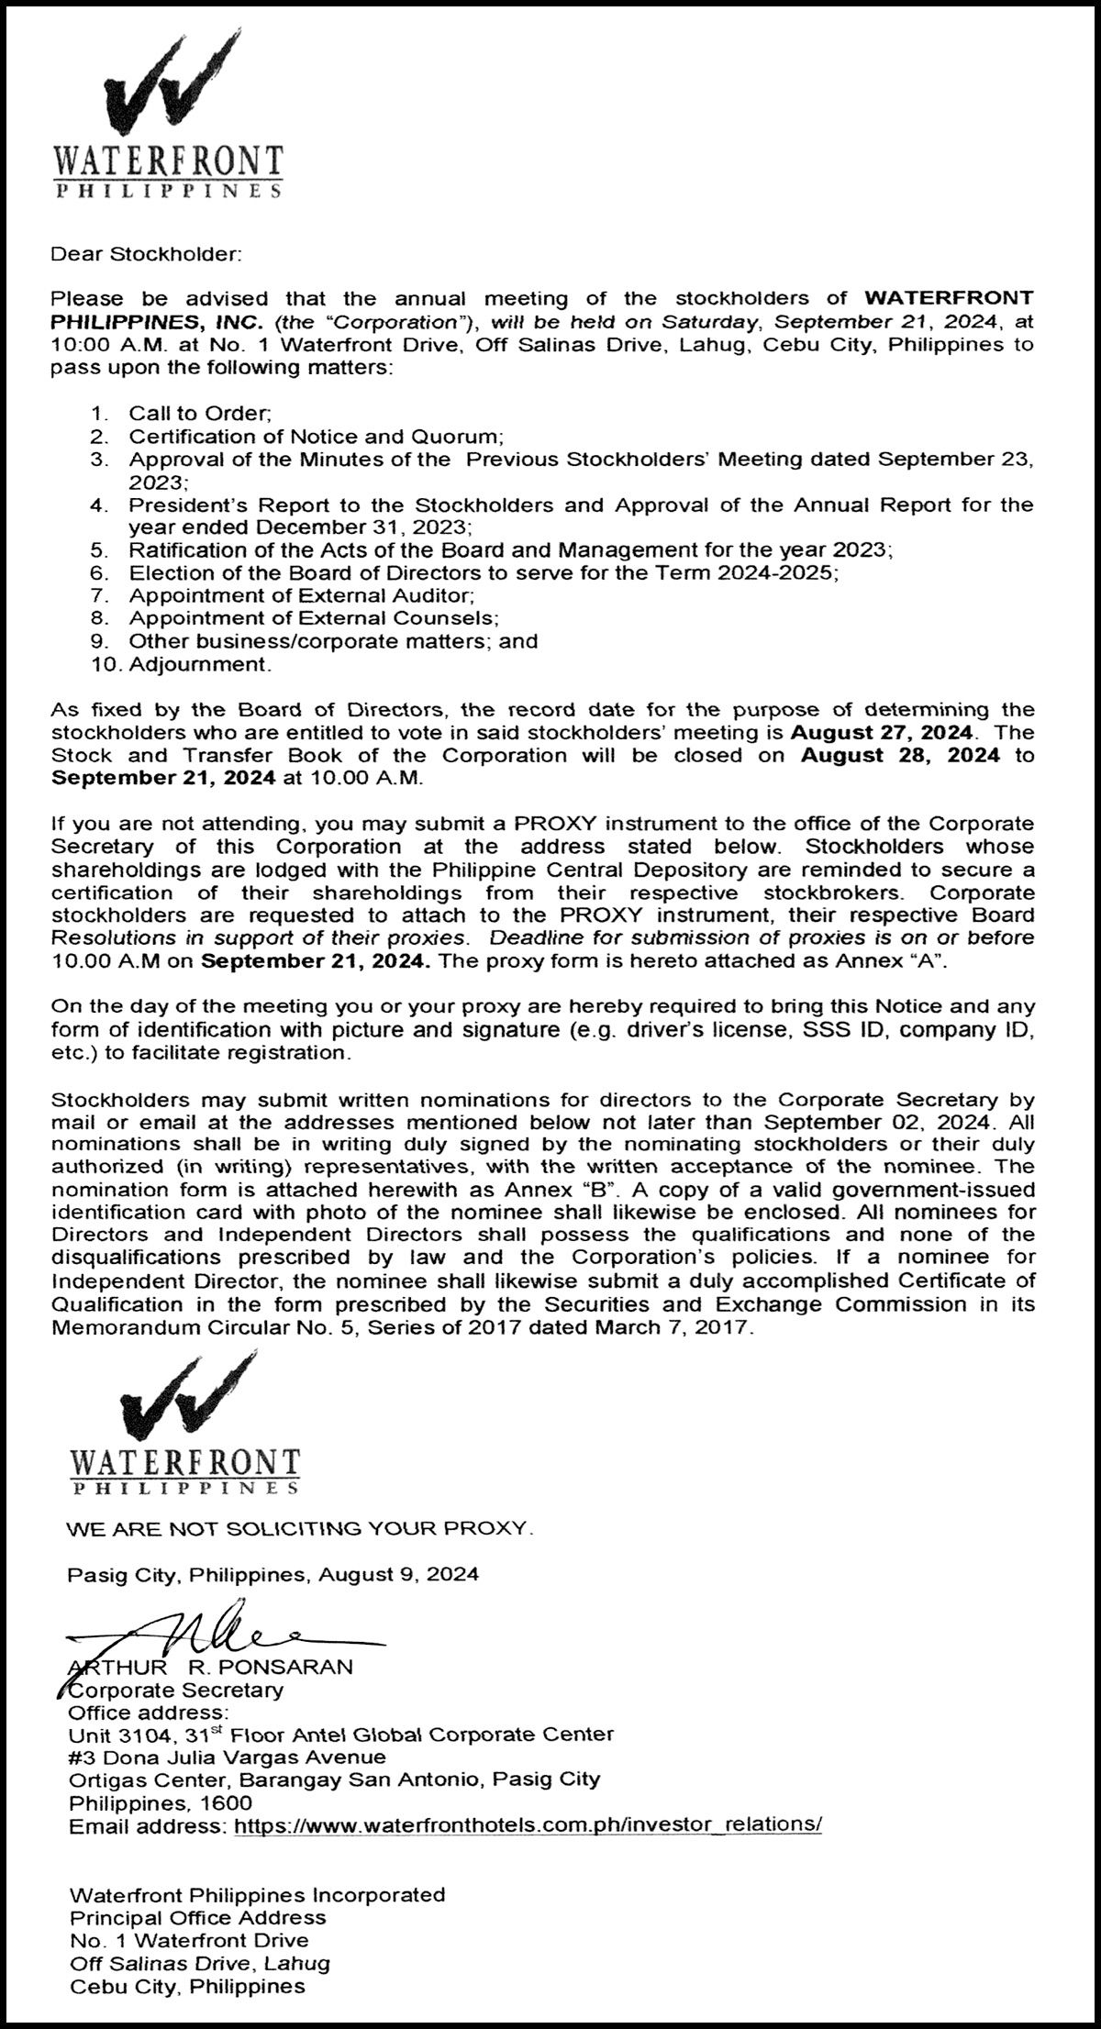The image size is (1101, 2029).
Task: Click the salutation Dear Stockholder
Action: [x=146, y=253]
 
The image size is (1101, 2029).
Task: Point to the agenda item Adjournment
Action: [x=200, y=664]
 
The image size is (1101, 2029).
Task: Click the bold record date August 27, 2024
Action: [x=881, y=733]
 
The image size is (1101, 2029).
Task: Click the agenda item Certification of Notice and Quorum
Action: [x=317, y=437]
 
